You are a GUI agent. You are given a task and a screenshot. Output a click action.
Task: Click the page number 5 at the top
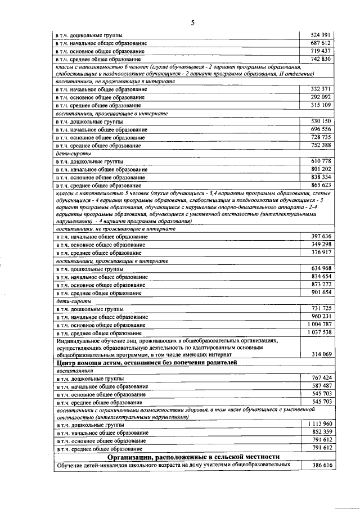193,22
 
